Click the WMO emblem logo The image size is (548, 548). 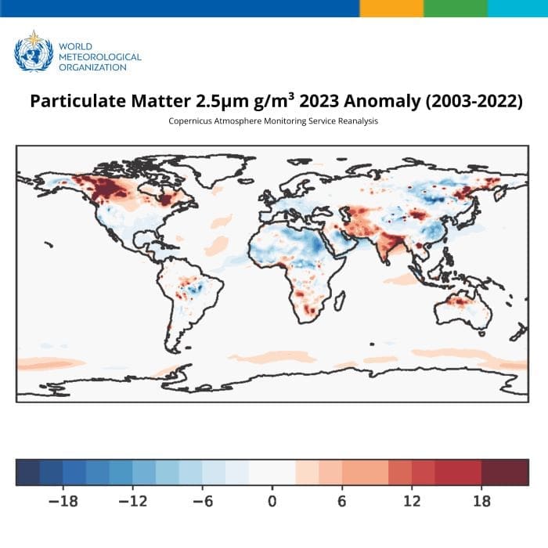coord(34,51)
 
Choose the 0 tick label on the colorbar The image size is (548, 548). coord(272,501)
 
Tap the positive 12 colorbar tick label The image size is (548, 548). coord(411,501)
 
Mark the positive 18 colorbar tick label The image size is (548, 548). coord(481,501)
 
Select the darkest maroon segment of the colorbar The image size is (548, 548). coord(505,472)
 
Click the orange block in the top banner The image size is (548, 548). coord(391,8)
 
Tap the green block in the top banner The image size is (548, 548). coord(455,8)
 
